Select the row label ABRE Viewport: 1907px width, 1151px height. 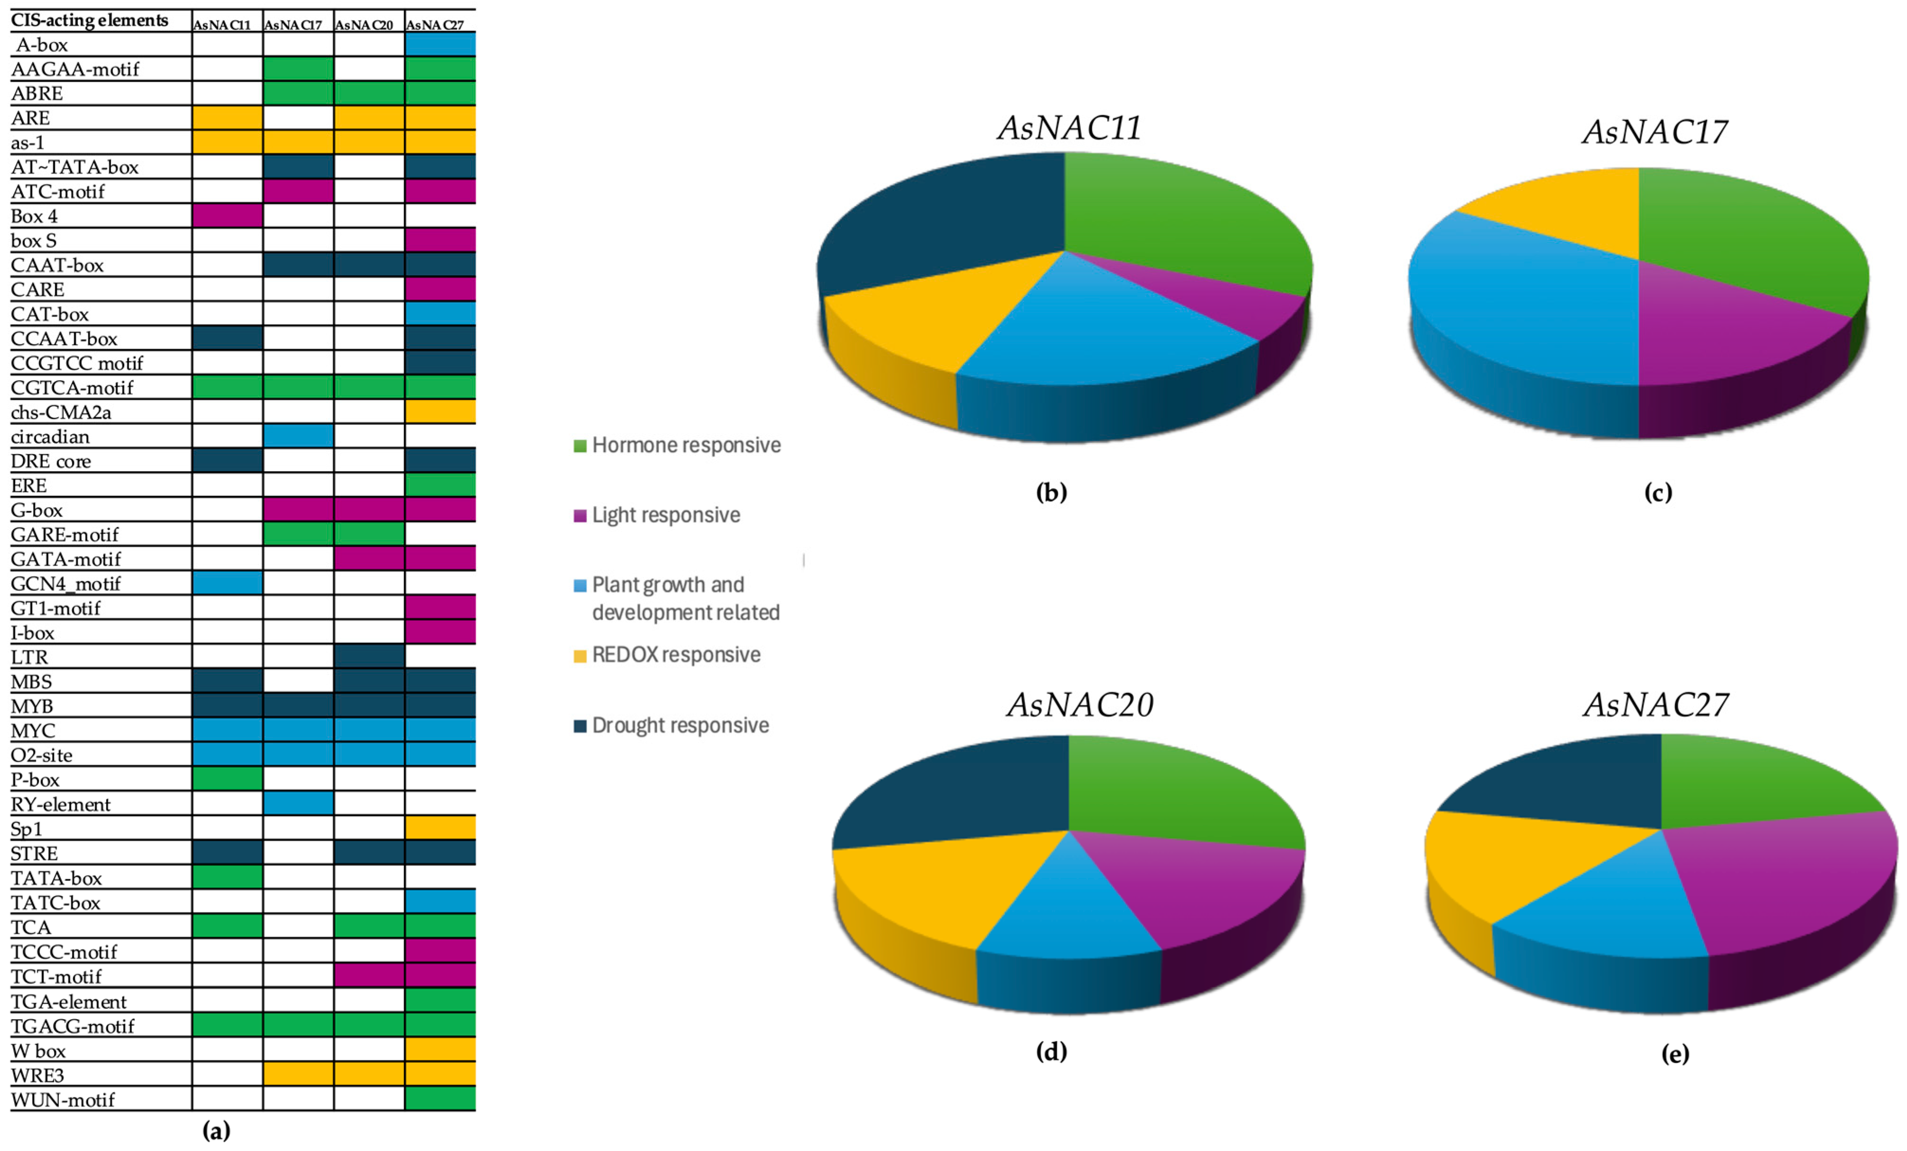click(x=37, y=94)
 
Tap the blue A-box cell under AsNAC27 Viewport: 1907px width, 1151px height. click(x=440, y=44)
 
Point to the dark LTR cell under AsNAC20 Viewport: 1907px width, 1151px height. click(x=369, y=657)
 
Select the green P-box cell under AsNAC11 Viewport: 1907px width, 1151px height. click(x=227, y=779)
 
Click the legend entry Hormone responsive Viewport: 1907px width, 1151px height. click(x=686, y=445)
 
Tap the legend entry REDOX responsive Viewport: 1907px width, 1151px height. click(x=676, y=655)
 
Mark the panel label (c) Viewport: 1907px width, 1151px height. click(x=1658, y=492)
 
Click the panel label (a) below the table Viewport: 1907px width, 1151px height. click(x=217, y=1131)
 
